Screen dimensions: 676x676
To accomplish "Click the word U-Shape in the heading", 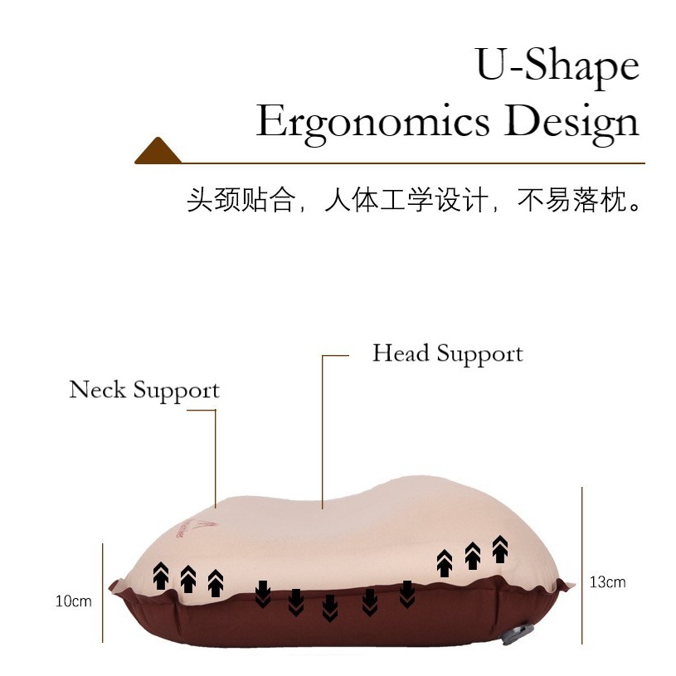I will [557, 65].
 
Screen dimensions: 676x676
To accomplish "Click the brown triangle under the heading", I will [158, 152].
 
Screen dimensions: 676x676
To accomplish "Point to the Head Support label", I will [447, 353].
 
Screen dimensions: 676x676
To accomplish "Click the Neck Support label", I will [144, 390].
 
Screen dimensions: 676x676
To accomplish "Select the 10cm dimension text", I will [74, 601].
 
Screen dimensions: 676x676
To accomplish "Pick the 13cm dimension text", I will [607, 582].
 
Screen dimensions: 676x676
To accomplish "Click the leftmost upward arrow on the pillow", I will [161, 575].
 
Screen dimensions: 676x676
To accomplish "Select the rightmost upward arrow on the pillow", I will [500, 548].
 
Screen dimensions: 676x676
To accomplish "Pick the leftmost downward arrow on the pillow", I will [263, 593].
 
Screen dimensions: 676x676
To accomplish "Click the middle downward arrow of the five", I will [330, 607].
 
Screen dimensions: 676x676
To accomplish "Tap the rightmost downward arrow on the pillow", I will [407, 593].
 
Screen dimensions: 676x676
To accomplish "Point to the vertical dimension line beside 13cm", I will [582, 564].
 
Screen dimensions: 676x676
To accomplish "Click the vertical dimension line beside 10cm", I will [103, 592].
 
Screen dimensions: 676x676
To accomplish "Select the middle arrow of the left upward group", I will [188, 579].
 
